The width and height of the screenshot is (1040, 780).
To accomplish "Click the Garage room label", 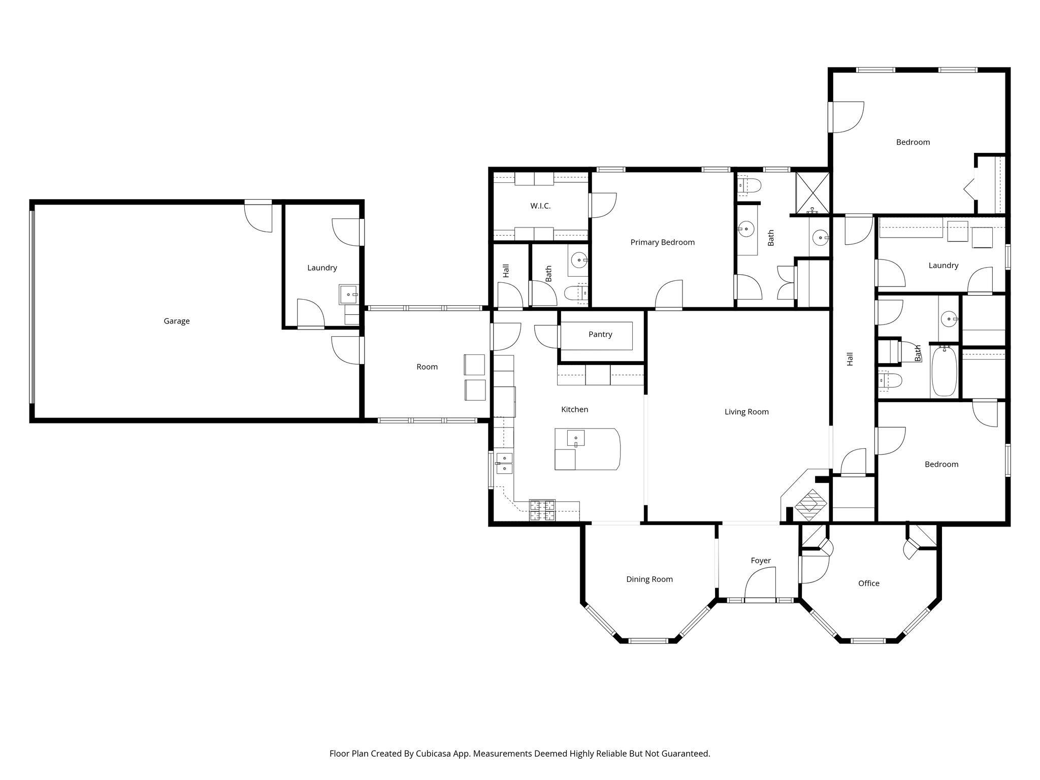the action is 177,321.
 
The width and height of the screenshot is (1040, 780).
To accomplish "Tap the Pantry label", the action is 600,334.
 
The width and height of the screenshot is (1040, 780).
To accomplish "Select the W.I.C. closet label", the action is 540,206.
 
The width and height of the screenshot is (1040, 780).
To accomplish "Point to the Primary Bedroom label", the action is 662,242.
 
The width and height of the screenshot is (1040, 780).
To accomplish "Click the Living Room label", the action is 746,412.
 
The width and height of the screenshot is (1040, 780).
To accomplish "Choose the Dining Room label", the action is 649,579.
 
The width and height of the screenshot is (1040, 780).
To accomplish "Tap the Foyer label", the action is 761,561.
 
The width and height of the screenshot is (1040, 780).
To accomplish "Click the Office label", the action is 869,583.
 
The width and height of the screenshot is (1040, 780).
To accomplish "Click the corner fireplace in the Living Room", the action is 810,504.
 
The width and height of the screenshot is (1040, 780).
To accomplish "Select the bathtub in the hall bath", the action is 944,371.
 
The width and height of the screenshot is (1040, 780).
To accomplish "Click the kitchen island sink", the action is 576,438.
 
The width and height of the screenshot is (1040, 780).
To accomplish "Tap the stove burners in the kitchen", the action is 542,510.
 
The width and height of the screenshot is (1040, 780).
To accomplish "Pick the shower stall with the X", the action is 812,193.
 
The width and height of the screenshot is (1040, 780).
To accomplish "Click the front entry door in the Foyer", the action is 760,584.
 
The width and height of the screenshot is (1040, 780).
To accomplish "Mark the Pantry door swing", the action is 546,337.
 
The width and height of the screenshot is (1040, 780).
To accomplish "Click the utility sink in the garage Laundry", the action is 348,295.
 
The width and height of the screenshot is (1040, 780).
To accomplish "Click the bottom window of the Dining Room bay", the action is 648,640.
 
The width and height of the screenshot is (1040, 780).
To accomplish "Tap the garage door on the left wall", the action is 32,307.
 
